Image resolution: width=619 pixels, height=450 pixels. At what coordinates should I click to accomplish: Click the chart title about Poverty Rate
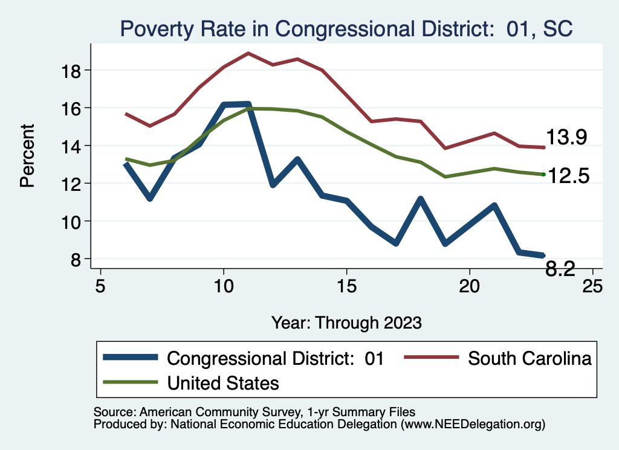346,28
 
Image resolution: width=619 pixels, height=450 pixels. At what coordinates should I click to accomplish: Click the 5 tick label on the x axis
100,284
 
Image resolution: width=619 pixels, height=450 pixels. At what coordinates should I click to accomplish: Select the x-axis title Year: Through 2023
346,322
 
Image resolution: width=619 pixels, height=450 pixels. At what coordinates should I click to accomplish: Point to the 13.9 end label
567,138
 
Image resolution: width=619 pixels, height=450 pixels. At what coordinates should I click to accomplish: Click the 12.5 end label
567,176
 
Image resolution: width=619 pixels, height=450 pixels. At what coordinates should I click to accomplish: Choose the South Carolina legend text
530,358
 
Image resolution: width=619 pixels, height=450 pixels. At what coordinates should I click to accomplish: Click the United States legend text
223,382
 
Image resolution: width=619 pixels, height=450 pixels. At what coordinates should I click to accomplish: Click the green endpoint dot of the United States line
544,174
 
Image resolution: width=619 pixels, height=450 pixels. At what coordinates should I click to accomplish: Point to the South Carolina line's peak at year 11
248,53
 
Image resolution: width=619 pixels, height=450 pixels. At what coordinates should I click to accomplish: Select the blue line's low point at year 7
149,198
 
